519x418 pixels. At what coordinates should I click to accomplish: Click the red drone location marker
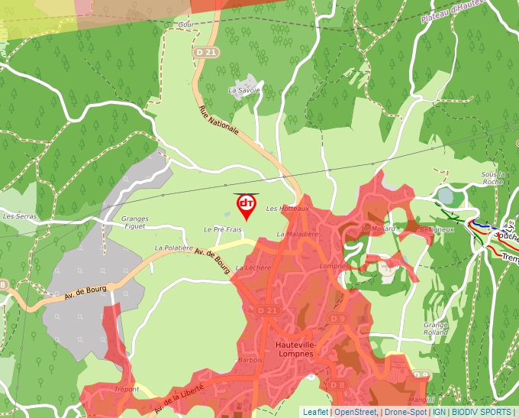pos(247,205)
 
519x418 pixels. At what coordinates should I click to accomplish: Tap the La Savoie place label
pos(244,90)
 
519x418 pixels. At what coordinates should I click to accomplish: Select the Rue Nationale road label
pos(219,121)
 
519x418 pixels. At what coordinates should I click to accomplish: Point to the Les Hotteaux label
pos(287,209)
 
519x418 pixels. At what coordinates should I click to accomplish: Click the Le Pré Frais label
pos(222,229)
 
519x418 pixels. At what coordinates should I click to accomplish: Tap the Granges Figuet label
pos(135,222)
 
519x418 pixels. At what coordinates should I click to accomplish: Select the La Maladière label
pos(297,234)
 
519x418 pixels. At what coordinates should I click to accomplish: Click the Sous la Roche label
pos(493,178)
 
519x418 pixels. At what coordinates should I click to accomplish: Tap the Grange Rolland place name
pos(436,329)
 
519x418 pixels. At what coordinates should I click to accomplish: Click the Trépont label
pos(126,390)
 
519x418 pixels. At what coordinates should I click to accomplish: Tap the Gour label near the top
pos(185,24)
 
